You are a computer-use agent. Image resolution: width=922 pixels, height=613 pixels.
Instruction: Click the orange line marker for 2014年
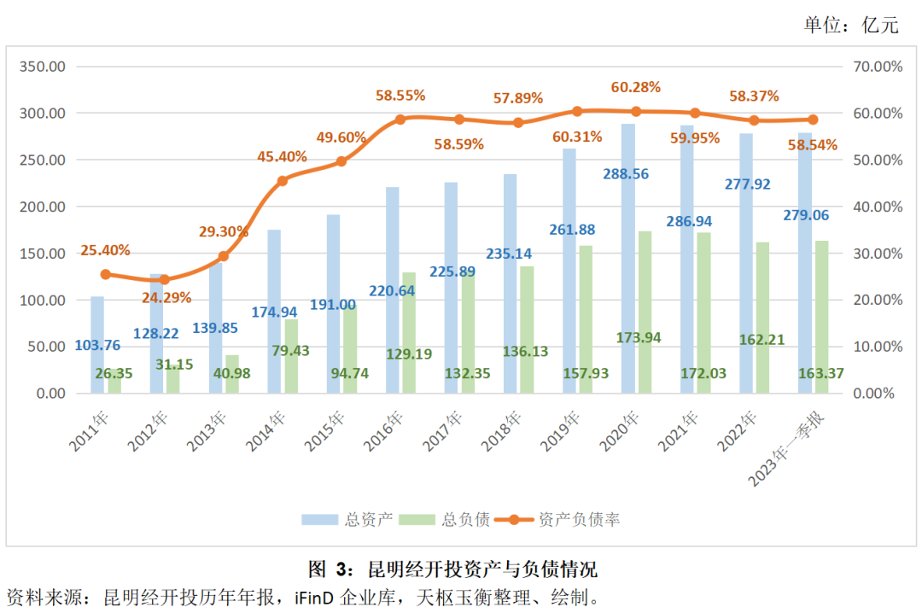tap(283, 181)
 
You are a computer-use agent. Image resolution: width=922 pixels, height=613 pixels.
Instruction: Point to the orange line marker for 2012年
tap(165, 280)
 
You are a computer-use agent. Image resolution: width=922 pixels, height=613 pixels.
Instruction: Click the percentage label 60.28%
tap(636, 87)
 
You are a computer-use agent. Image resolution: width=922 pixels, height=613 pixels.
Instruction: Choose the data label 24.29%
tap(166, 298)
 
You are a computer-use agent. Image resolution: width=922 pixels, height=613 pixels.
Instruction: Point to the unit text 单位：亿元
tap(851, 26)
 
